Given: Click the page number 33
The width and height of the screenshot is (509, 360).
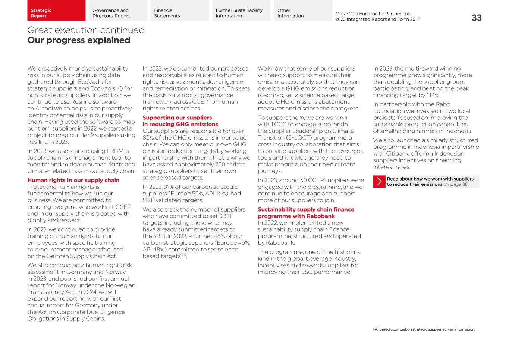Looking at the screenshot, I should pyautogui.click(x=477, y=18).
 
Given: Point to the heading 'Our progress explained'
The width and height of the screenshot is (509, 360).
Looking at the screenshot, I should pyautogui.click(x=79, y=40).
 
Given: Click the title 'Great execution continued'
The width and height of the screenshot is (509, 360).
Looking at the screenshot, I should pyautogui.click(x=86, y=30).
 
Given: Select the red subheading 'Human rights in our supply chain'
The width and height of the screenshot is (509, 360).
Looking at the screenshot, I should pyautogui.click(x=73, y=180).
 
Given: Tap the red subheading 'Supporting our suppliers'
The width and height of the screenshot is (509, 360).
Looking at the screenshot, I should pyautogui.click(x=177, y=118).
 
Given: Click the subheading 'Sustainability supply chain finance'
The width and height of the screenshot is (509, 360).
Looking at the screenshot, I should pyautogui.click(x=306, y=210).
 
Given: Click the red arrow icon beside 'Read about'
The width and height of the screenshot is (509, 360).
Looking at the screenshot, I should pyautogui.click(x=379, y=182).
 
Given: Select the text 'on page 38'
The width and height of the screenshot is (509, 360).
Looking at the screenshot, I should pyautogui.click(x=455, y=184).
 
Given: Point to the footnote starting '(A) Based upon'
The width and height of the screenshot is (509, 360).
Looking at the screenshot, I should pyautogui.click(x=424, y=329).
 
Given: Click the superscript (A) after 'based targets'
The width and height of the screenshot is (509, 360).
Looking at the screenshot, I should pyautogui.click(x=183, y=255).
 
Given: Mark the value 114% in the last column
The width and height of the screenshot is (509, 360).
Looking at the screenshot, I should pyautogui.click(x=423, y=96).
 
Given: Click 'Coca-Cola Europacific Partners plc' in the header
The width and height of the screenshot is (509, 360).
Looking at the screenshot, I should pyautogui.click(x=373, y=14).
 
